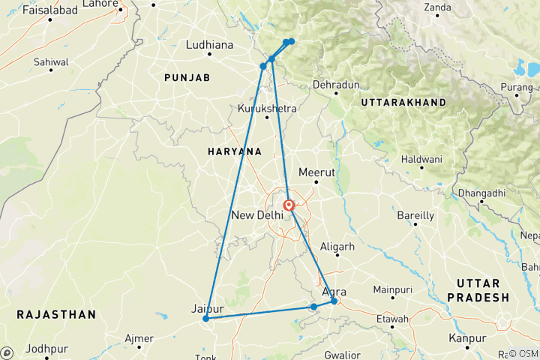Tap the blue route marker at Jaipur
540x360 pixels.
[205, 319]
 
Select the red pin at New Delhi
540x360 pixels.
[289, 204]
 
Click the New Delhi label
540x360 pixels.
[258, 215]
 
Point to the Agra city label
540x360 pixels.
[334, 292]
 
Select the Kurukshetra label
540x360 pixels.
[267, 109]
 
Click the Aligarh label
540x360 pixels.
[337, 246]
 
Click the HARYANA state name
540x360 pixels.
[235, 151]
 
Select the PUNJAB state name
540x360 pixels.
[187, 78]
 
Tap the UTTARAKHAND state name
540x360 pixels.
[403, 102]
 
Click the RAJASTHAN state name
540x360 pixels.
[56, 313]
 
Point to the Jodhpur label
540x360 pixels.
[46, 349]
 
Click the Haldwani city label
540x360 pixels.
[422, 160]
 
